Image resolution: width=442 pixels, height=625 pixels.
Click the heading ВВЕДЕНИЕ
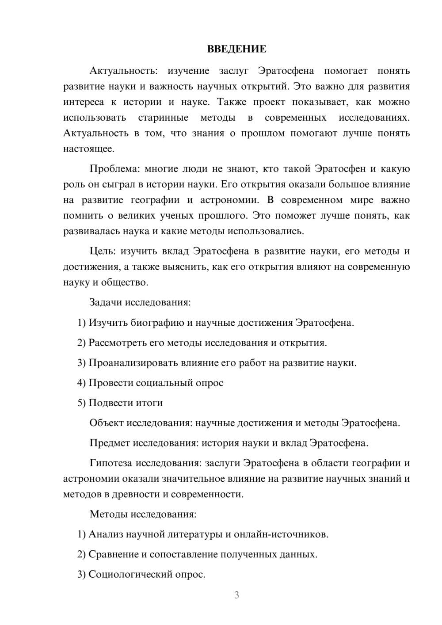[236, 49]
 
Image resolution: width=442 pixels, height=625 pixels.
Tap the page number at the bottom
[236, 595]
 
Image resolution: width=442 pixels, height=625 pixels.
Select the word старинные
[163, 118]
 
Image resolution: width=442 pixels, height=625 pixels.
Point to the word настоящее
[88, 149]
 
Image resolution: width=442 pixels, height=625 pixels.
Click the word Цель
[102, 252]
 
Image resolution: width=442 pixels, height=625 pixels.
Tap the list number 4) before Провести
[81, 383]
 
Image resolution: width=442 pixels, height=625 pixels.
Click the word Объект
[107, 423]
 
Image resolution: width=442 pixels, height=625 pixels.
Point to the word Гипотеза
[111, 463]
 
